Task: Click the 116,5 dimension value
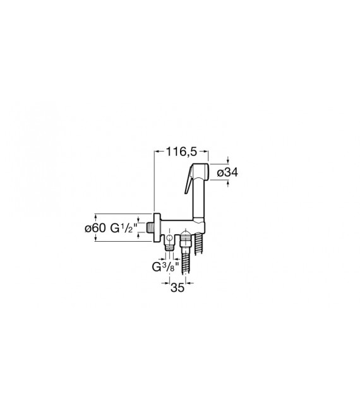[x=182, y=152]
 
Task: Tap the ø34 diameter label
[x=227, y=172]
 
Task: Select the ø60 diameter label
[x=95, y=228]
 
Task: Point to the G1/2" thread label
[x=123, y=228]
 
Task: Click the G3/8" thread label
[x=165, y=266]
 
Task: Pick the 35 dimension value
[x=177, y=288]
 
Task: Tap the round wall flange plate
[x=157, y=227]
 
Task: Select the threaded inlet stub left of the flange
[x=150, y=227]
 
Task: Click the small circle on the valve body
[x=170, y=238]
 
